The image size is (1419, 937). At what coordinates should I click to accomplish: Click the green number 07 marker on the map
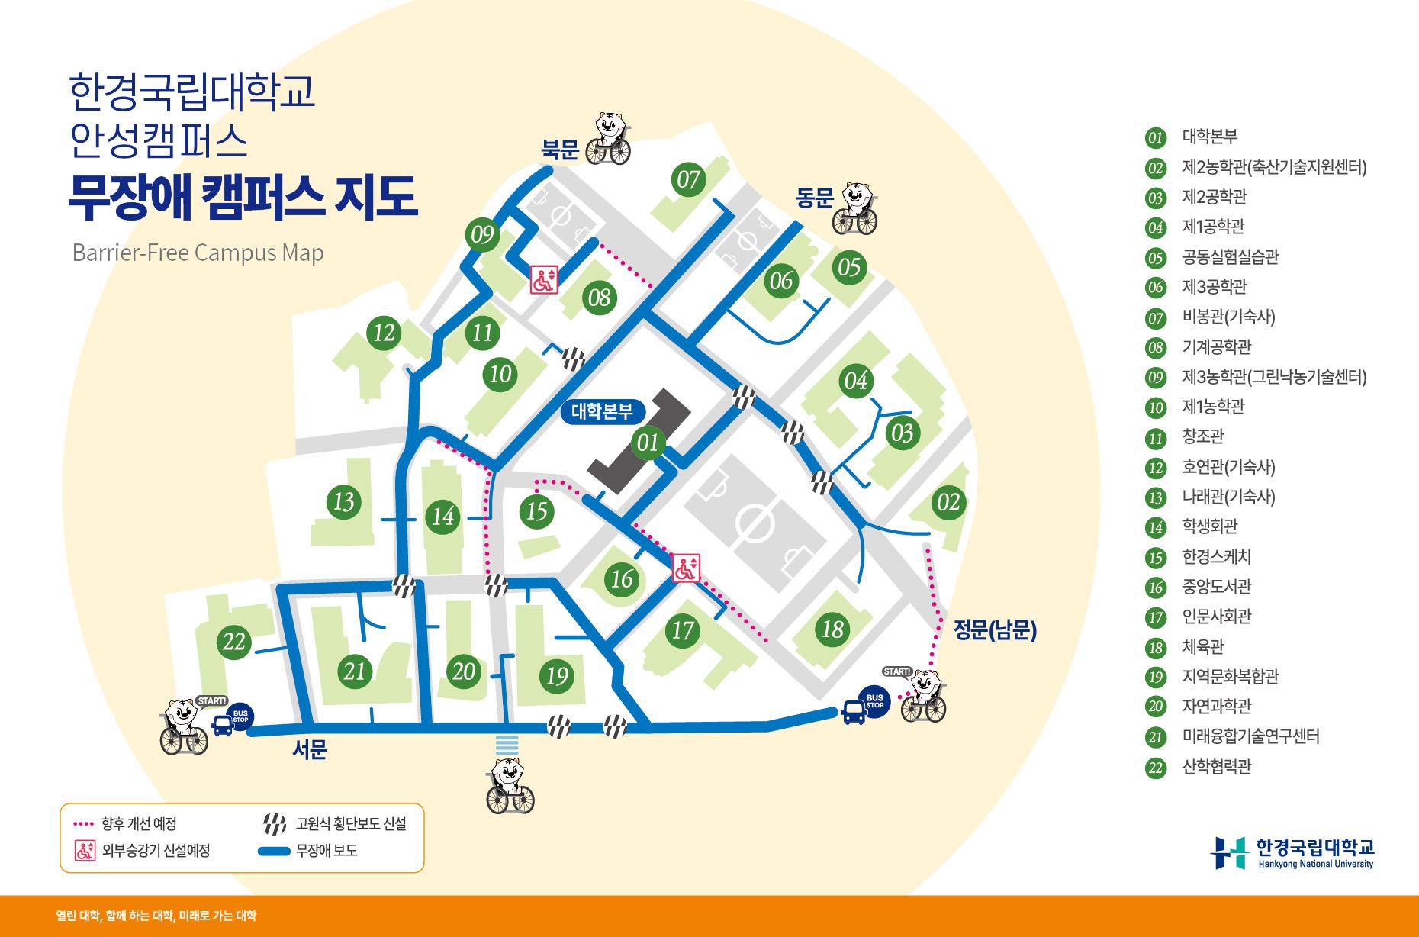pyautogui.click(x=687, y=180)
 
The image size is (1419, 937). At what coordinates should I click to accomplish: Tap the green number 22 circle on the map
pyautogui.click(x=233, y=641)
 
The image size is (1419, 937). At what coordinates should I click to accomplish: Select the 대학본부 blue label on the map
pyautogui.click(x=602, y=412)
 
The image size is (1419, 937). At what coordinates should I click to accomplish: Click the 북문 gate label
pyautogui.click(x=561, y=150)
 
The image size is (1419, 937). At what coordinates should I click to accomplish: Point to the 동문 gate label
pyautogui.click(x=814, y=199)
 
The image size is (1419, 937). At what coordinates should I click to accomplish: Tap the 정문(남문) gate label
pyautogui.click(x=995, y=630)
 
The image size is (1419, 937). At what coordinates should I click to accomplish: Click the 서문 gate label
pyautogui.click(x=310, y=750)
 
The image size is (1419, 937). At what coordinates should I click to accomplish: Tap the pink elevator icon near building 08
pyautogui.click(x=545, y=280)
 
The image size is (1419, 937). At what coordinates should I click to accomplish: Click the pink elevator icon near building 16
pyautogui.click(x=685, y=568)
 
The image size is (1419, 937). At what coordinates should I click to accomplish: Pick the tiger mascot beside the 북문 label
pyautogui.click(x=608, y=138)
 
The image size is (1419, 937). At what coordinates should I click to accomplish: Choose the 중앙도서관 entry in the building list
pyautogui.click(x=1216, y=587)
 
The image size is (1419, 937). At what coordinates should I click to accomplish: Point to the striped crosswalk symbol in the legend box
pyautogui.click(x=274, y=824)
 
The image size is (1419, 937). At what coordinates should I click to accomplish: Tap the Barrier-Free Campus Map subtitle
pyautogui.click(x=198, y=253)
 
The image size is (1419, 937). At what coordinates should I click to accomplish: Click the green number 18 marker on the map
pyautogui.click(x=832, y=629)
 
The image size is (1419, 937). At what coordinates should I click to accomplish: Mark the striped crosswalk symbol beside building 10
pyautogui.click(x=574, y=358)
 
